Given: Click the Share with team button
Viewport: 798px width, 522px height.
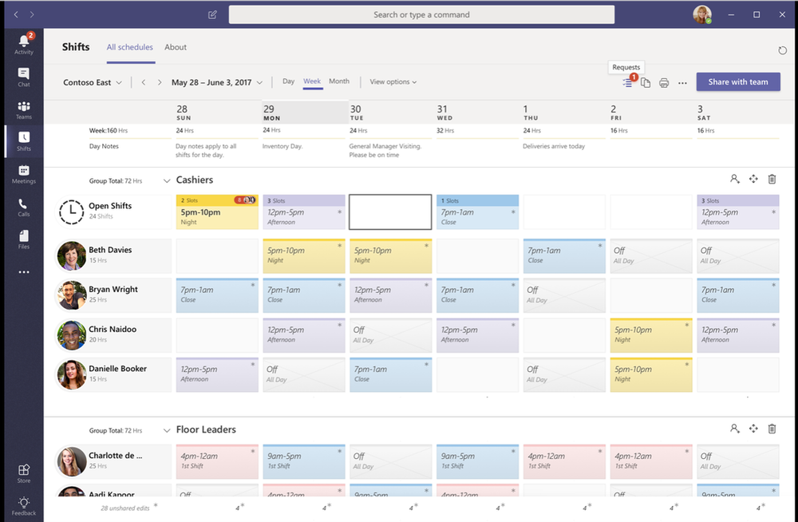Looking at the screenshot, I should (x=737, y=81).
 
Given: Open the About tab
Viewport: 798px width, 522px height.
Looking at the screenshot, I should (x=176, y=47).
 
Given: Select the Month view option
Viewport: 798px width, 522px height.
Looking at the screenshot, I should (x=339, y=81).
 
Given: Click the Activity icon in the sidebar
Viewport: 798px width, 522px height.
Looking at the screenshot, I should (x=24, y=43).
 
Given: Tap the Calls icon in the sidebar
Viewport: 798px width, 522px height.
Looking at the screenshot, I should (x=24, y=208).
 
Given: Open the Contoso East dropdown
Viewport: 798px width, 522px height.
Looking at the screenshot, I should (x=93, y=82).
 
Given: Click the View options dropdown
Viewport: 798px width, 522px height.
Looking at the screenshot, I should (x=393, y=81).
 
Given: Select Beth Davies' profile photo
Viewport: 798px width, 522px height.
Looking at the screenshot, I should (x=71, y=255).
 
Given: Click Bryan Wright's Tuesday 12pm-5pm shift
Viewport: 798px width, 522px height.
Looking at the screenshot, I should (x=390, y=295).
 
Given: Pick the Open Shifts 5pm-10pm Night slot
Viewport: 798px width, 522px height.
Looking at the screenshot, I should (x=216, y=212).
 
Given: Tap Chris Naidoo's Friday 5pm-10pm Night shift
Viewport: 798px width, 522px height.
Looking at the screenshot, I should (x=650, y=334).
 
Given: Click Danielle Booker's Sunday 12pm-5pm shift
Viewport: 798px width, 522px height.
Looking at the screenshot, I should (x=216, y=374).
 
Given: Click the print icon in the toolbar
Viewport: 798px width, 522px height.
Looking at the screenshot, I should (x=664, y=83).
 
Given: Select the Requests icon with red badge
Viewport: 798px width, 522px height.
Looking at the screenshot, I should (x=628, y=82).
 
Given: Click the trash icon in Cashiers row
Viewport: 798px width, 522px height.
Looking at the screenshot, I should (x=772, y=180).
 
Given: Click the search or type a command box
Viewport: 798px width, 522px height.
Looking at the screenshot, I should (x=421, y=14).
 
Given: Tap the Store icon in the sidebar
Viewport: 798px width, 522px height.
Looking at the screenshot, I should (x=24, y=473).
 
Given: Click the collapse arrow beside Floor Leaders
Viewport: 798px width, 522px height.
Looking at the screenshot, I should (x=167, y=429).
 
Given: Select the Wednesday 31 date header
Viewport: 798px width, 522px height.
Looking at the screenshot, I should (x=443, y=113).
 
